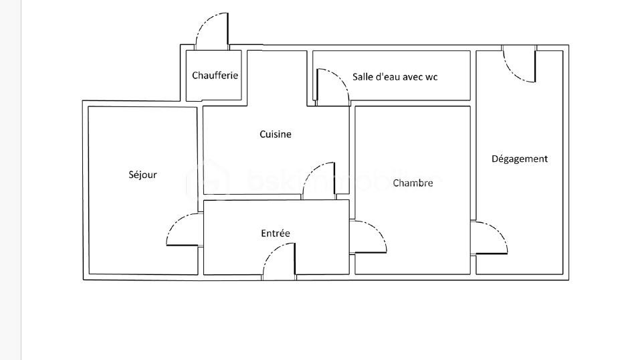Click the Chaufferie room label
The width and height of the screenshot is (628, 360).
[x=215, y=76]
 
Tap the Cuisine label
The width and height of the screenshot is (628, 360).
[x=276, y=134]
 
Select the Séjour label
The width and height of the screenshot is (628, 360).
[x=142, y=175]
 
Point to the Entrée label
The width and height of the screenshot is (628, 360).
[x=276, y=234]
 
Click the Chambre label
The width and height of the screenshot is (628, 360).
[x=413, y=183]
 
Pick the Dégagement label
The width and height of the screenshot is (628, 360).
[x=520, y=159]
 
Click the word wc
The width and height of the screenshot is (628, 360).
[x=431, y=77]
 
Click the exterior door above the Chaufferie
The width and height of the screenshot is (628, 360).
[x=212, y=31]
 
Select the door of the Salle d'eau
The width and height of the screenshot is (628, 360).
[x=332, y=87]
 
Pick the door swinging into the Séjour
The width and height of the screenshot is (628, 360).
[x=183, y=230]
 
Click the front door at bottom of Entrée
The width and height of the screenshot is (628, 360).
[x=279, y=262]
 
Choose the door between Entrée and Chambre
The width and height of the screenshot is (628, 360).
[x=367, y=237]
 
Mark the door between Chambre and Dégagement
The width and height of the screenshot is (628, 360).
[x=490, y=238]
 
